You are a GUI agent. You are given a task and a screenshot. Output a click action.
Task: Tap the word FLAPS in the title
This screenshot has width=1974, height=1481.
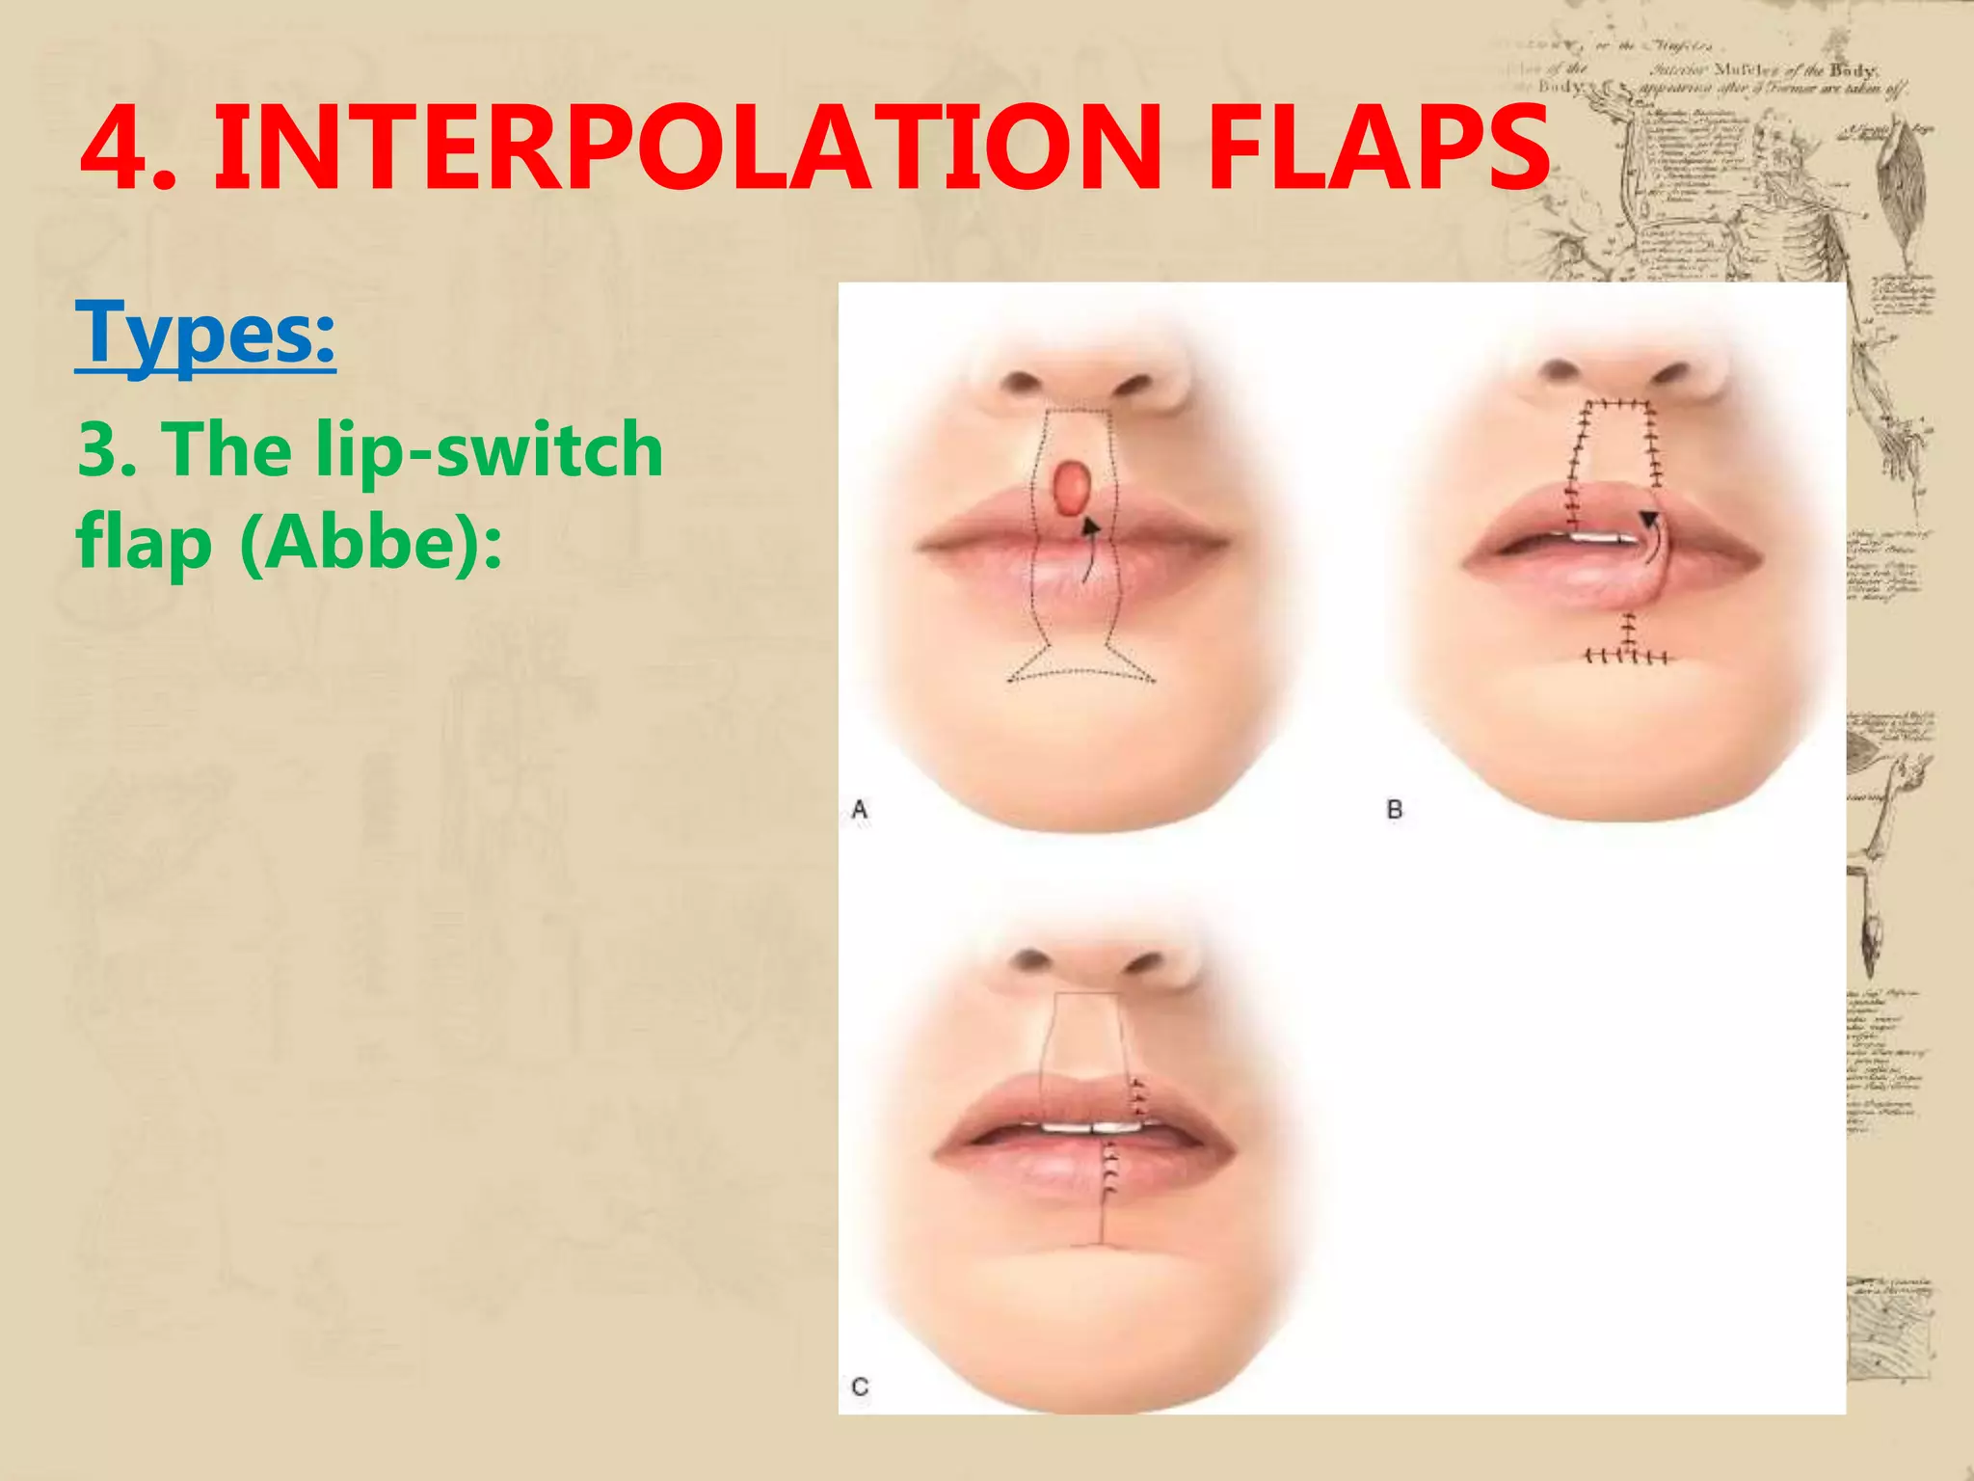1378,149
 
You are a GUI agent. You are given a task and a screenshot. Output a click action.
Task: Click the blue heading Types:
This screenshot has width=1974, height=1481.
205,333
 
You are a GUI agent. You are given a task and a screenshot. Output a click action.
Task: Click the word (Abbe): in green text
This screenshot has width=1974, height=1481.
371,543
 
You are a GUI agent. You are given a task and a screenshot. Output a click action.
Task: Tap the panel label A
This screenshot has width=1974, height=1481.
860,810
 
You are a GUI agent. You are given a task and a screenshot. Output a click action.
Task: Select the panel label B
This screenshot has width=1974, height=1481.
1394,810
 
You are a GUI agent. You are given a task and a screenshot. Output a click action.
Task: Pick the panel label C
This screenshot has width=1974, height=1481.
860,1387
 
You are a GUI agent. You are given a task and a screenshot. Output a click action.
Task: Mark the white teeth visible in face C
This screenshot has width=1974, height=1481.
1090,1126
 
